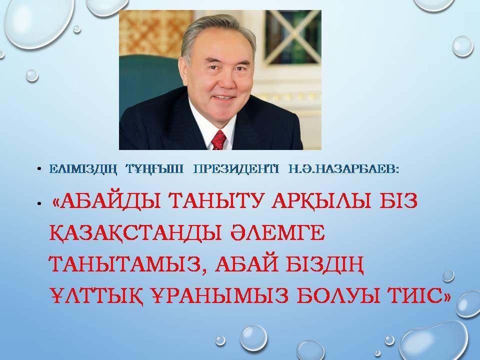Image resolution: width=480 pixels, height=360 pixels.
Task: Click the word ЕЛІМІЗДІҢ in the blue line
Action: [x=83, y=169]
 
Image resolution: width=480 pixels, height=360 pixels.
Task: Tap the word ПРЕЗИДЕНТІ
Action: [x=236, y=169]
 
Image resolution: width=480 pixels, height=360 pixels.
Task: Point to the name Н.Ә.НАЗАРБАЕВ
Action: [x=344, y=169]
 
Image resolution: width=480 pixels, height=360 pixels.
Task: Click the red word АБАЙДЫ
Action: [x=110, y=201]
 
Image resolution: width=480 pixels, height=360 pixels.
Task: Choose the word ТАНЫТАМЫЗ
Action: [x=124, y=264]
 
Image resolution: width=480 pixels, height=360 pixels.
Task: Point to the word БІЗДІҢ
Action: [x=324, y=265]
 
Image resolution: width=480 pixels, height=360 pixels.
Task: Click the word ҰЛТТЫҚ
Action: [x=96, y=296]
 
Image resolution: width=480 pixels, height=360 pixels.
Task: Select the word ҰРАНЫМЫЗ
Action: [x=220, y=296]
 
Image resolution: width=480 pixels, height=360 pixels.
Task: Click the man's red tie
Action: [x=218, y=140]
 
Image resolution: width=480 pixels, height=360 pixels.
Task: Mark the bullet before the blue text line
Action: [x=39, y=169]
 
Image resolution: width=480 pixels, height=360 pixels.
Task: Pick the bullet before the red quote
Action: [x=39, y=203]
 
